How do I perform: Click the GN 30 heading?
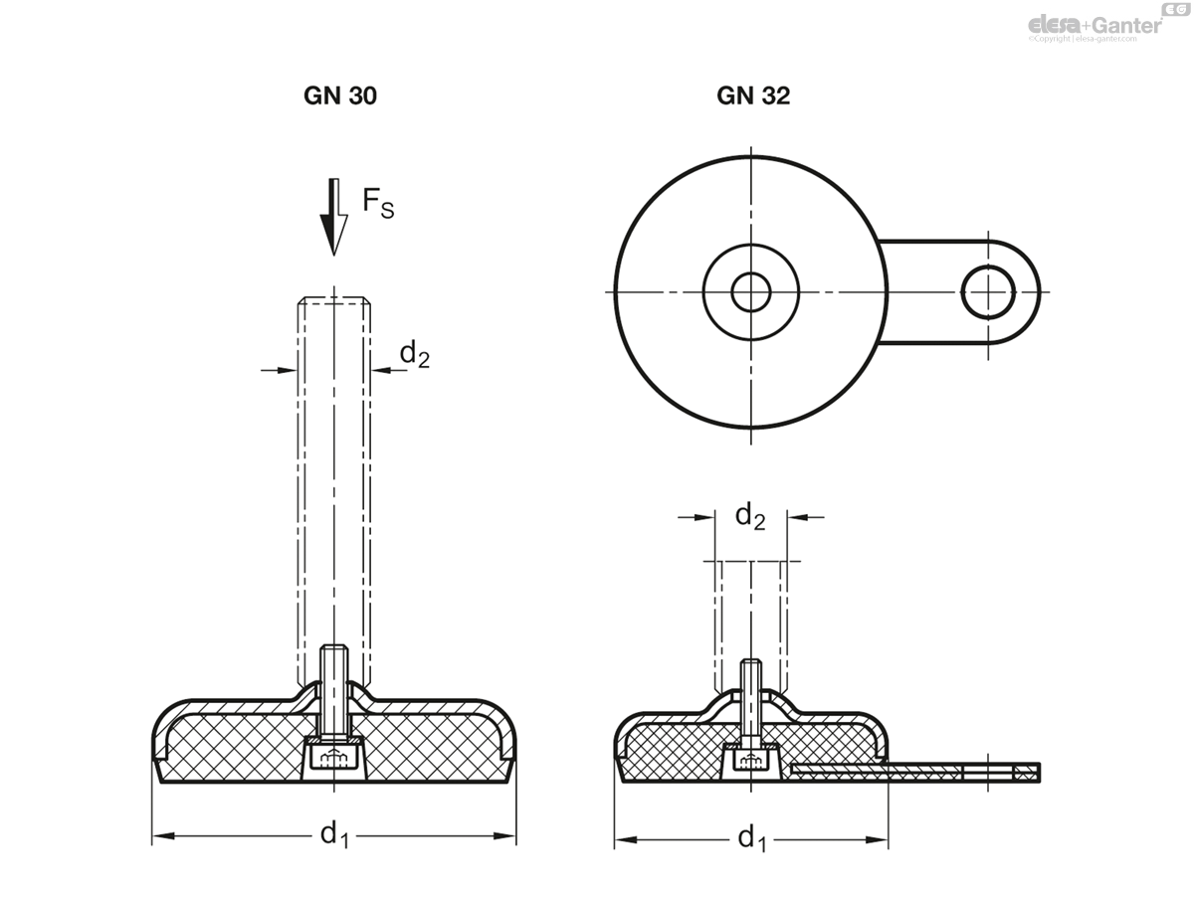pos(340,96)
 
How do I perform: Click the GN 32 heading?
pos(753,96)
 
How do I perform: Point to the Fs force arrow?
pos(334,217)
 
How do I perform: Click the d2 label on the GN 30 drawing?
pos(414,354)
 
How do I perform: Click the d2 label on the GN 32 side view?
pos(750,516)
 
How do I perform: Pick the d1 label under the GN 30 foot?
pos(334,837)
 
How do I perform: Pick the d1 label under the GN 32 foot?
pos(751,840)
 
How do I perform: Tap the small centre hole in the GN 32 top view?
pos(751,291)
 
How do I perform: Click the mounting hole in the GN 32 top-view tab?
pos(988,291)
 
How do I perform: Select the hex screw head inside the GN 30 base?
pos(334,758)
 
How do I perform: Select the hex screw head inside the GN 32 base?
pos(751,760)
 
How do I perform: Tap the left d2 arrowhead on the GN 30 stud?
pos(289,370)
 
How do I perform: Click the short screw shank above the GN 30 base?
pos(334,686)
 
